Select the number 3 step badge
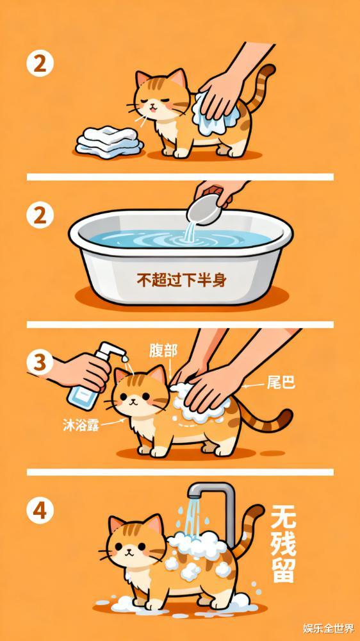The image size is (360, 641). (40, 363)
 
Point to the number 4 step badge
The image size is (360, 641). (40, 510)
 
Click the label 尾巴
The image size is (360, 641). (281, 383)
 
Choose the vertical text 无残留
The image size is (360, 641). (283, 543)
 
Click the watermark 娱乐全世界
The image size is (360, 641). (329, 628)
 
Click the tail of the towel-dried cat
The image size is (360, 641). (261, 87)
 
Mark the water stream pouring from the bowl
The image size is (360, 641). (190, 230)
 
